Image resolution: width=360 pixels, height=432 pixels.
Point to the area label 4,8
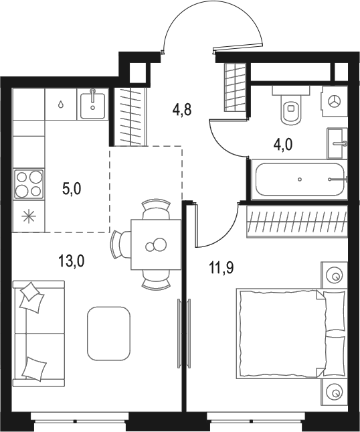(x=181, y=110)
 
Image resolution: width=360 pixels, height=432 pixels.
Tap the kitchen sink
(x=93, y=103)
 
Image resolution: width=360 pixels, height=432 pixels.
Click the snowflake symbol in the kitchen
(x=29, y=216)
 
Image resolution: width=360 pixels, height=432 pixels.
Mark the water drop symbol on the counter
(x=61, y=104)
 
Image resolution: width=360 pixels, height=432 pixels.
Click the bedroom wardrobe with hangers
(x=297, y=222)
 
